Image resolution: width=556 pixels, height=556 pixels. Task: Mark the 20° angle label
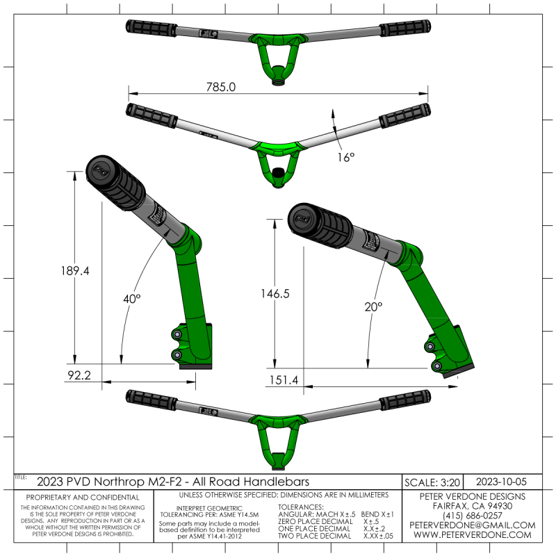pos(374,305)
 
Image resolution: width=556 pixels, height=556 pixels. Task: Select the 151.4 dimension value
pos(281,380)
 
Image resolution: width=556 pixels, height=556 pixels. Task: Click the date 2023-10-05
pos(503,481)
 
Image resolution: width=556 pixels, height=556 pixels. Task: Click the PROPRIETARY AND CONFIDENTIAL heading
pos(82,498)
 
